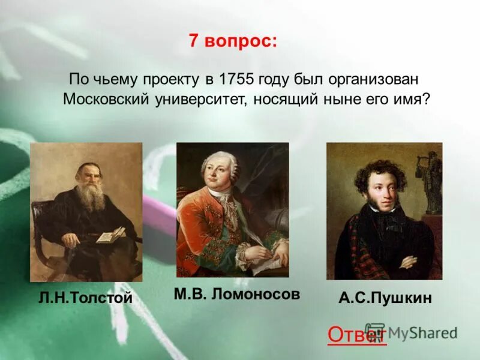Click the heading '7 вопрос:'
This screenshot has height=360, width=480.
tap(233, 41)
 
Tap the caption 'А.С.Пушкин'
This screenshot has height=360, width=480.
tap(385, 298)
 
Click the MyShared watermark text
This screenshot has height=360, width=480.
tap(420, 332)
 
